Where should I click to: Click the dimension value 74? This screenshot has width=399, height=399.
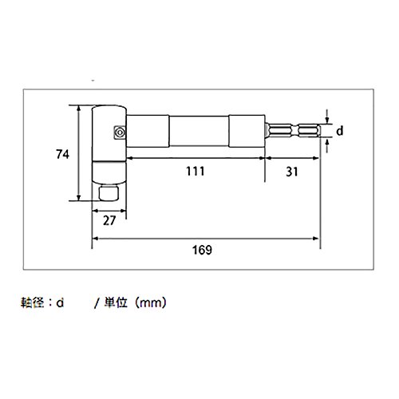pyautogui.click(x=63, y=154)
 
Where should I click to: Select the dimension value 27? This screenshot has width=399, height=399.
pyautogui.click(x=109, y=220)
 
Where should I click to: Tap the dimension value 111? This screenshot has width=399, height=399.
pyautogui.click(x=196, y=171)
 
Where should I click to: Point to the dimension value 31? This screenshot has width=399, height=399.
pyautogui.click(x=292, y=172)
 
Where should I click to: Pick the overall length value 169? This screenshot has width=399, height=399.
pyautogui.click(x=202, y=250)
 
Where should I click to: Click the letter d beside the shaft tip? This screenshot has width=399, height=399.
pyautogui.click(x=340, y=131)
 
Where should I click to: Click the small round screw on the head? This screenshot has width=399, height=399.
pyautogui.click(x=120, y=132)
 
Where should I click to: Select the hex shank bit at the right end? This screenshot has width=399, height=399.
pyautogui.click(x=293, y=131)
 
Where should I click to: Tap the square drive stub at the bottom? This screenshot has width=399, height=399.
pyautogui.click(x=109, y=193)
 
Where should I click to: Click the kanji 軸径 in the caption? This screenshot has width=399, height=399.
pyautogui.click(x=33, y=302)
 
